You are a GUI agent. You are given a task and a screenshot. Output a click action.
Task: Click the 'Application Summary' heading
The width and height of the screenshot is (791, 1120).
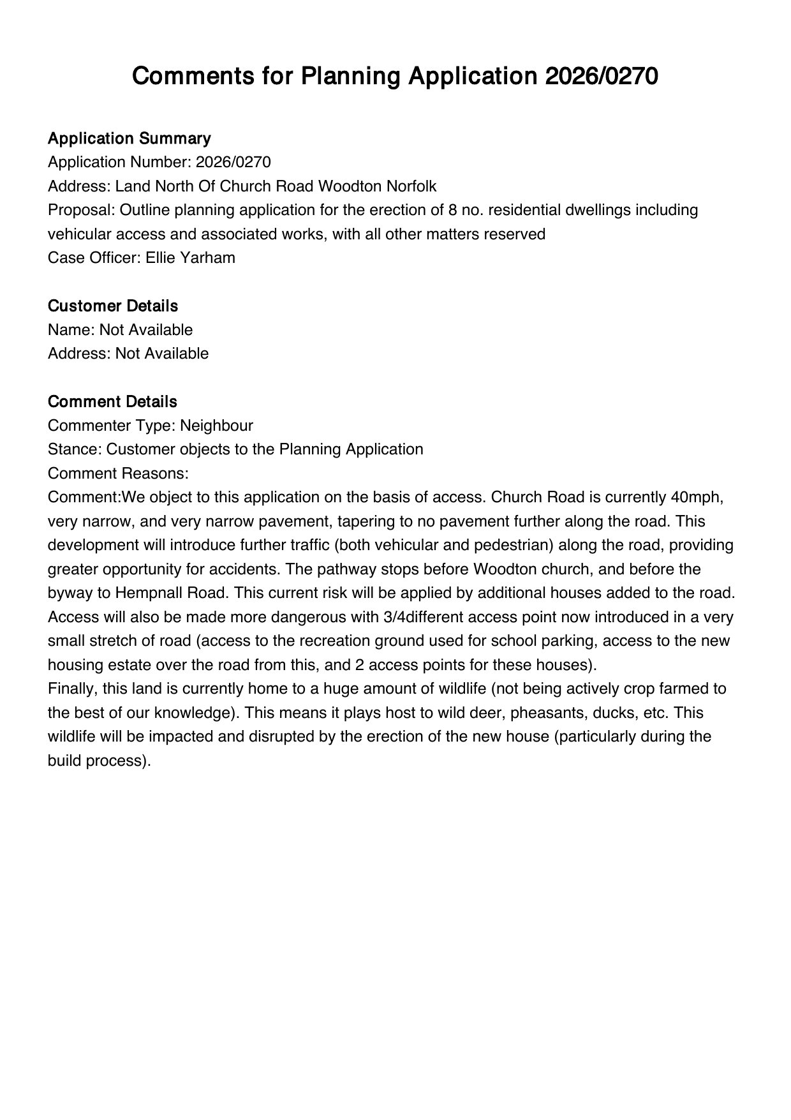[129, 138]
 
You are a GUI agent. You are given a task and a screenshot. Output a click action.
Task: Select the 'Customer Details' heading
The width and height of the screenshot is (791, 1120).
[112, 306]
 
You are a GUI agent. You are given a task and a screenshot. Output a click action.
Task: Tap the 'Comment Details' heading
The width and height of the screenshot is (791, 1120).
[112, 402]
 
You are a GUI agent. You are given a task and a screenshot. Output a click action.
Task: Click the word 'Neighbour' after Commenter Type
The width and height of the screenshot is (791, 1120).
[216, 426]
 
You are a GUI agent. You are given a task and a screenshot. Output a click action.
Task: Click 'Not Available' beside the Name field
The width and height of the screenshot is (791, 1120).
[145, 330]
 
